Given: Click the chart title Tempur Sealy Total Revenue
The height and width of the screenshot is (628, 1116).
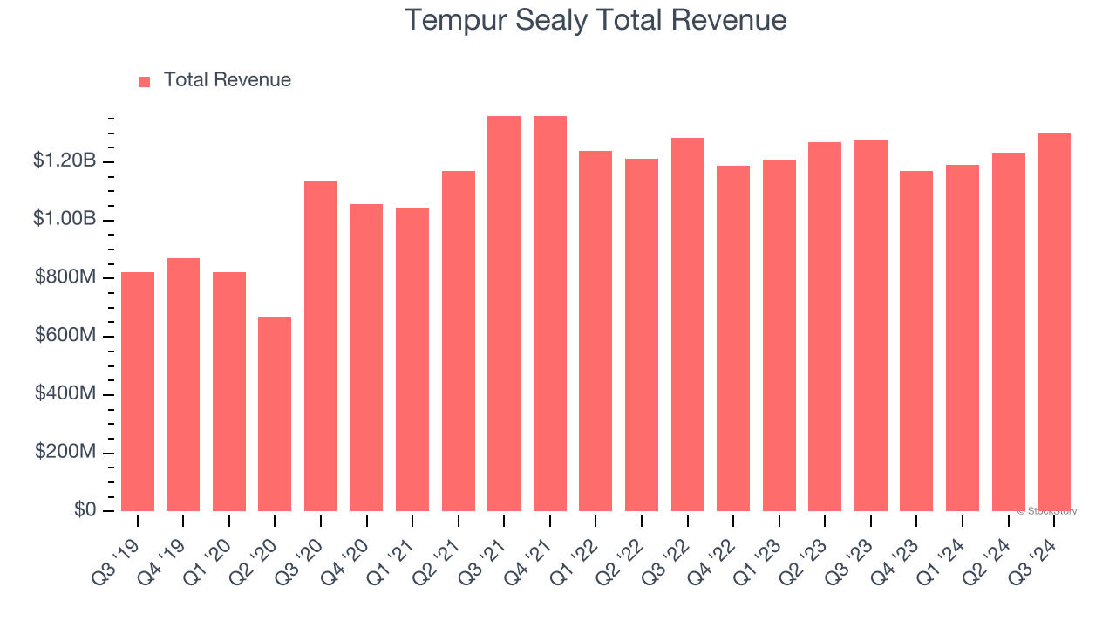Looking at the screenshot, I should tap(595, 20).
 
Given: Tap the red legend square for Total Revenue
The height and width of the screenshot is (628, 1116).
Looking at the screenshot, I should tap(145, 81).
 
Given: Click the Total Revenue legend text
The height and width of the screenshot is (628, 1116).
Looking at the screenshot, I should tap(227, 80).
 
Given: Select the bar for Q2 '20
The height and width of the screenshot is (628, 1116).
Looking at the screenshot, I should tap(275, 414).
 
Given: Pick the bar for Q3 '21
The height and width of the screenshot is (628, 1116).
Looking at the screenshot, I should tap(504, 314).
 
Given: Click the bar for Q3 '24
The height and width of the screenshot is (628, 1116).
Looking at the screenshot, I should tap(1053, 323).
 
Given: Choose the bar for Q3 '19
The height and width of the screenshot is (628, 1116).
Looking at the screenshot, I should tap(138, 392).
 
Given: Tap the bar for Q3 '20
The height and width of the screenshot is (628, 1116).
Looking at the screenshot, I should tap(321, 346).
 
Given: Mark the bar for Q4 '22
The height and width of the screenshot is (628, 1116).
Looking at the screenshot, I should tap(733, 338).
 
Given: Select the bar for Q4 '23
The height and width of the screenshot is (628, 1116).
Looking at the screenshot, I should tap(916, 341).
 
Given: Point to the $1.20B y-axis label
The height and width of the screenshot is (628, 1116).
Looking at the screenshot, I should tap(65, 160).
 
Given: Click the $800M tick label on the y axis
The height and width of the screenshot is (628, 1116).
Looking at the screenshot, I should tap(65, 277).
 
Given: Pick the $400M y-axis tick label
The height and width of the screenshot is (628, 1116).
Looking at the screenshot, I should tap(65, 393).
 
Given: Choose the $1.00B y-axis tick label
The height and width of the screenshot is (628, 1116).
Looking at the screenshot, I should tap(65, 219).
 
